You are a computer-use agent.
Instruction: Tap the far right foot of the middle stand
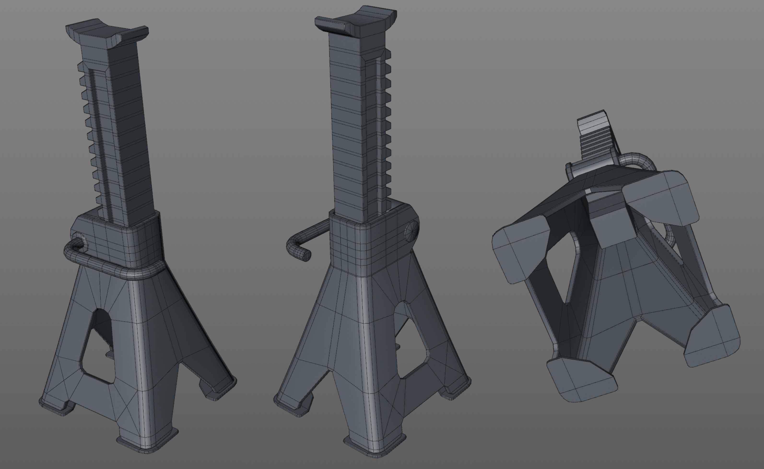pyautogui.click(x=456, y=389)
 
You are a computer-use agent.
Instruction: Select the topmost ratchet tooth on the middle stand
pyautogui.click(x=388, y=54)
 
